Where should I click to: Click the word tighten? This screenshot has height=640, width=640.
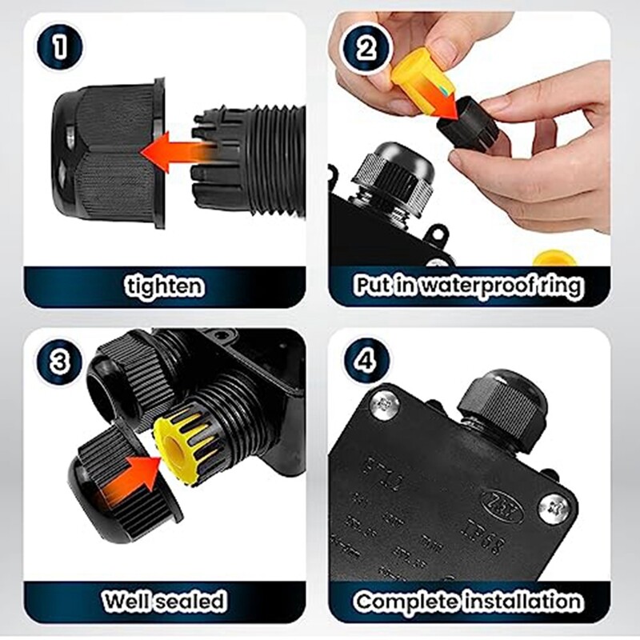tap(164, 286)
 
